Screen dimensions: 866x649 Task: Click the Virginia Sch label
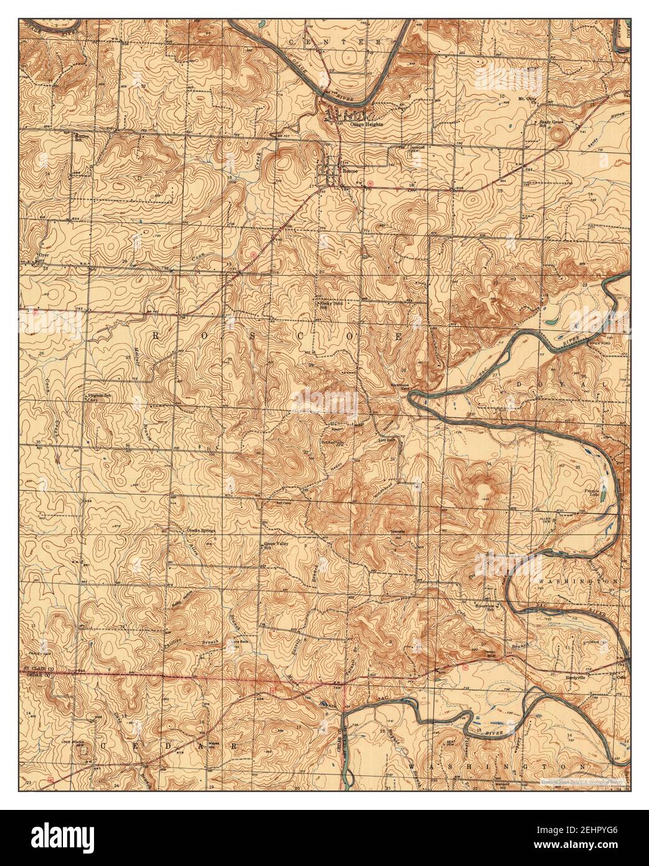point(102,395)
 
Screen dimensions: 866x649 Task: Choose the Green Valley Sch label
point(277,546)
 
